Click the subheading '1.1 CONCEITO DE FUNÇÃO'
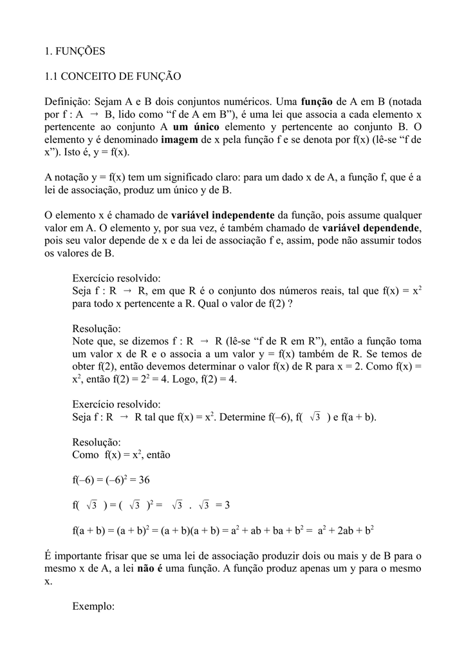[x=113, y=76]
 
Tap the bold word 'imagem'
[x=180, y=139]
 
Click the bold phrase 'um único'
[x=192, y=127]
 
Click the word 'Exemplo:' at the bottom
[x=93, y=607]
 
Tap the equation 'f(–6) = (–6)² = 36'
[x=111, y=480]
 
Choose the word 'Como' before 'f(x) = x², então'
[x=86, y=454]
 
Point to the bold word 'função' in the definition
[x=317, y=102]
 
